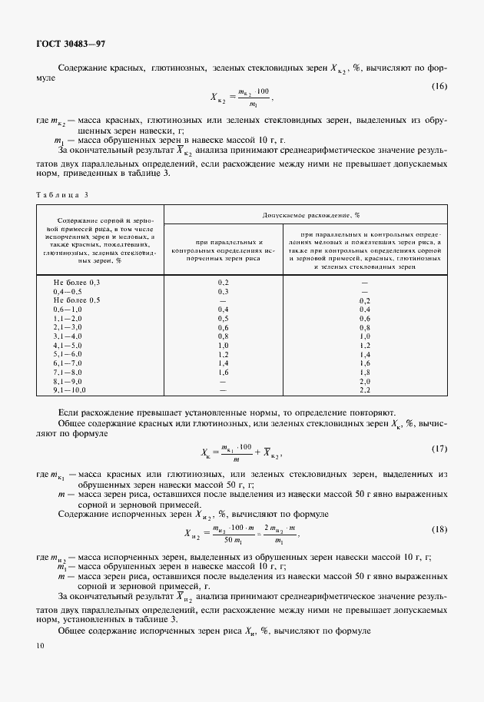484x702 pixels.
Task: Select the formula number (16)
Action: pyautogui.click(x=439, y=85)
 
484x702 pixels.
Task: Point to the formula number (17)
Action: pyautogui.click(x=439, y=449)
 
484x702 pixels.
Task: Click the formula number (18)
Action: pyautogui.click(x=439, y=530)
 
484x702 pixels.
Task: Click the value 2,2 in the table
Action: pyautogui.click(x=366, y=389)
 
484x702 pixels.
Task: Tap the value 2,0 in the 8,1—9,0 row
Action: pyautogui.click(x=366, y=381)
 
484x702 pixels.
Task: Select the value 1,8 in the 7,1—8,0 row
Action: pyautogui.click(x=366, y=372)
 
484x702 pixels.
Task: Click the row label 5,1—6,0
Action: pyautogui.click(x=68, y=354)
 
